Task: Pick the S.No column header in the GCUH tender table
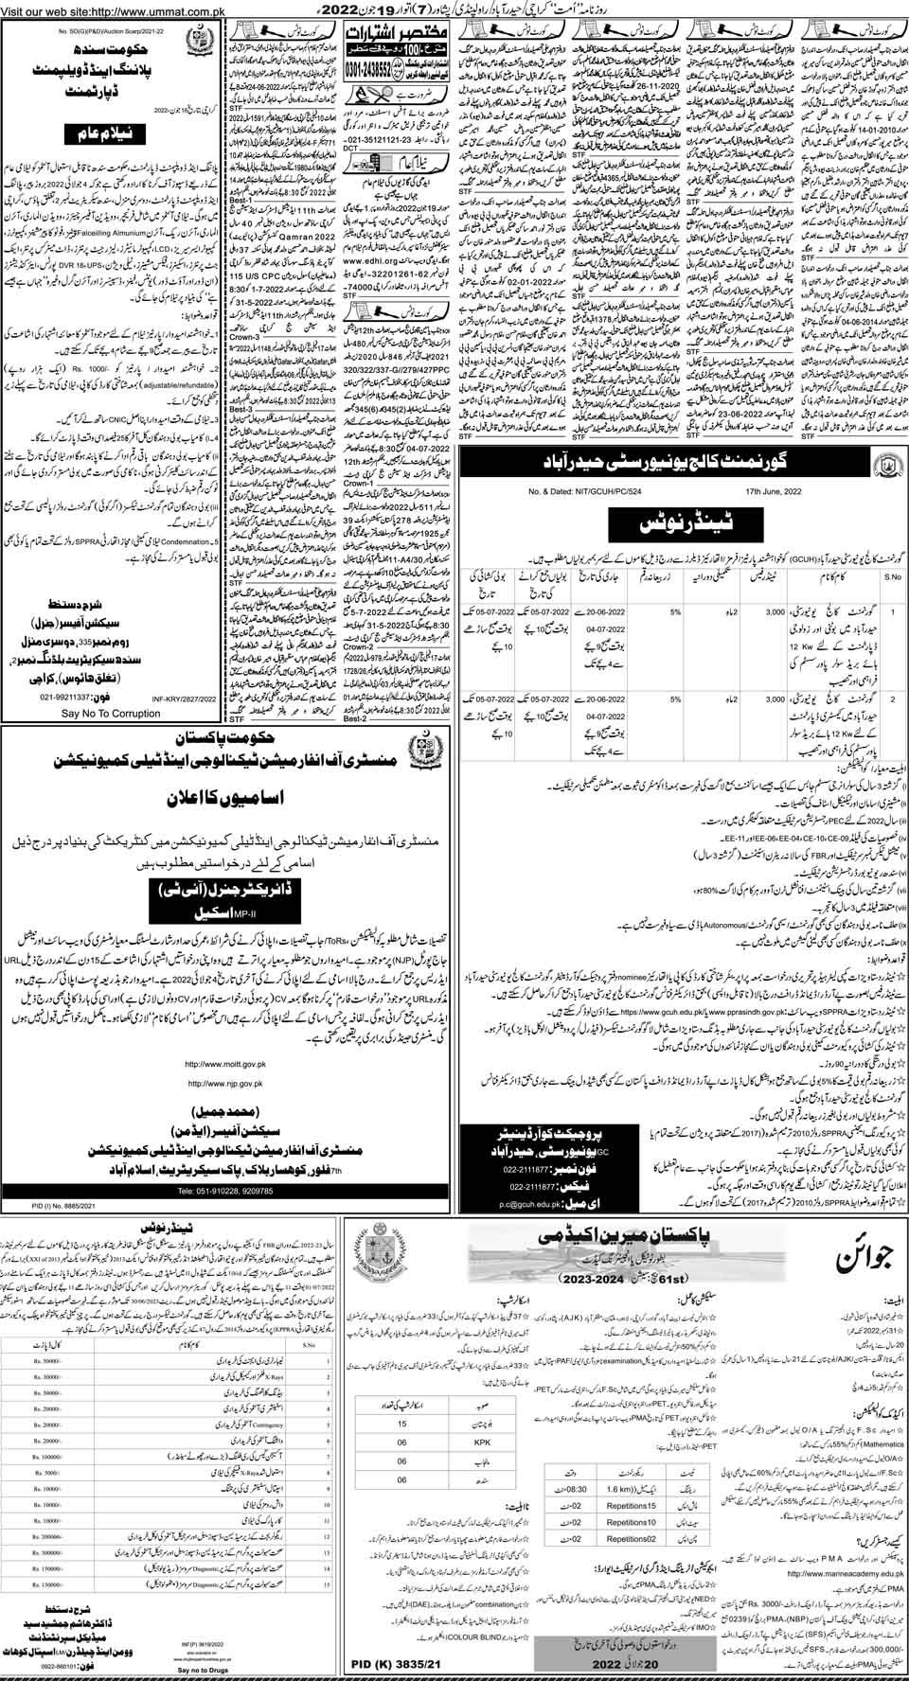(886, 574)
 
